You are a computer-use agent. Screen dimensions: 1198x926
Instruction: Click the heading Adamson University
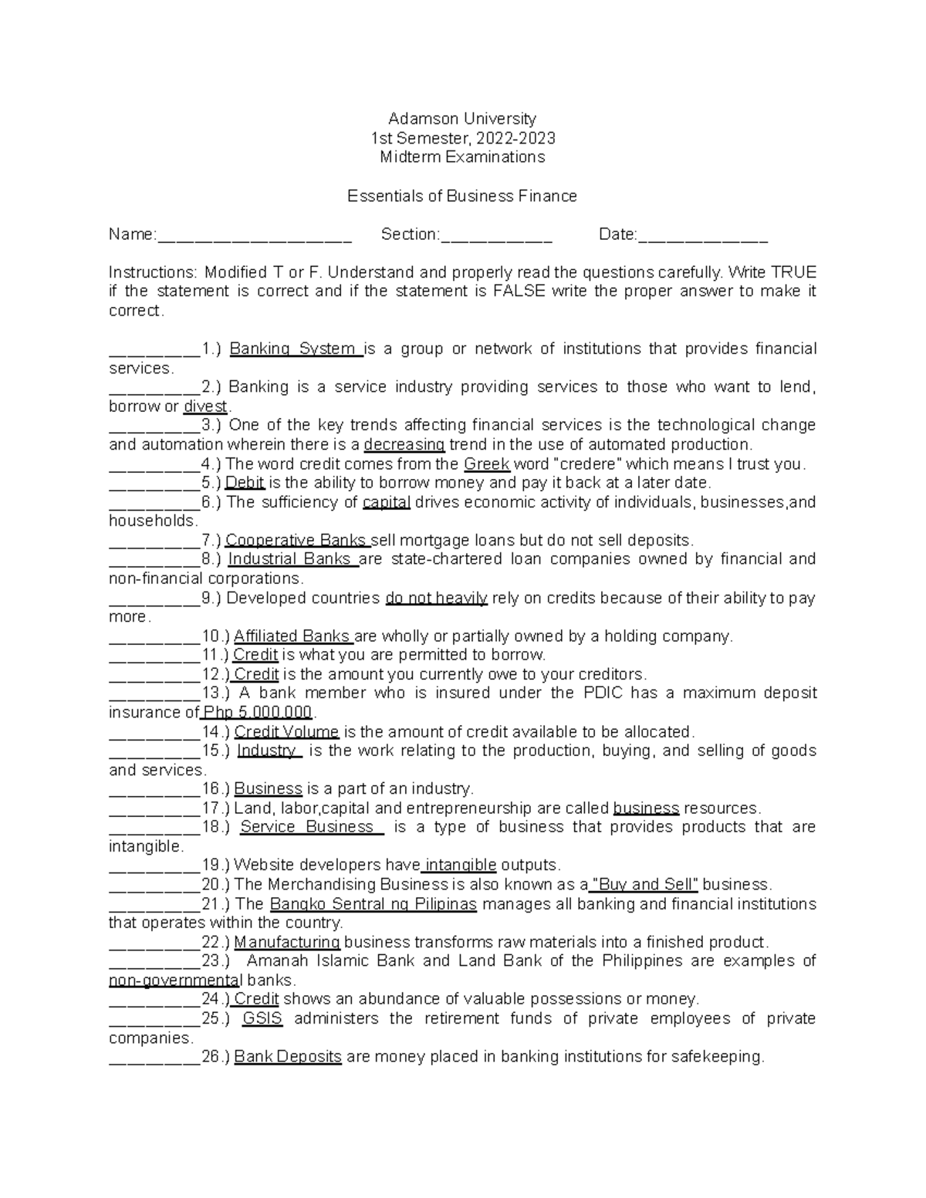461,119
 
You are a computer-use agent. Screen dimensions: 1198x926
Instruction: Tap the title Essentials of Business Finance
461,196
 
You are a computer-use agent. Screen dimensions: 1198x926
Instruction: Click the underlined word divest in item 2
205,407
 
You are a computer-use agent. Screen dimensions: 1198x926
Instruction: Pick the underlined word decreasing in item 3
404,445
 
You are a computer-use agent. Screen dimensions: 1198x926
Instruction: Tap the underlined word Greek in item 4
486,464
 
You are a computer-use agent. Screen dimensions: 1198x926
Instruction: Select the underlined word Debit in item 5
245,483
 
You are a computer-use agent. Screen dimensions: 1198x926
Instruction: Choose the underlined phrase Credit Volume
286,732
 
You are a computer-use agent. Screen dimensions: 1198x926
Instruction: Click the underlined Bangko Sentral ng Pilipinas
373,904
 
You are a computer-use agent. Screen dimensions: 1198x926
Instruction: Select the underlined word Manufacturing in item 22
287,943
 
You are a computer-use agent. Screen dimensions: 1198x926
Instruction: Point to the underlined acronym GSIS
262,1019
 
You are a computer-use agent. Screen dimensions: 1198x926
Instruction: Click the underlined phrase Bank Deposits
287,1057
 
